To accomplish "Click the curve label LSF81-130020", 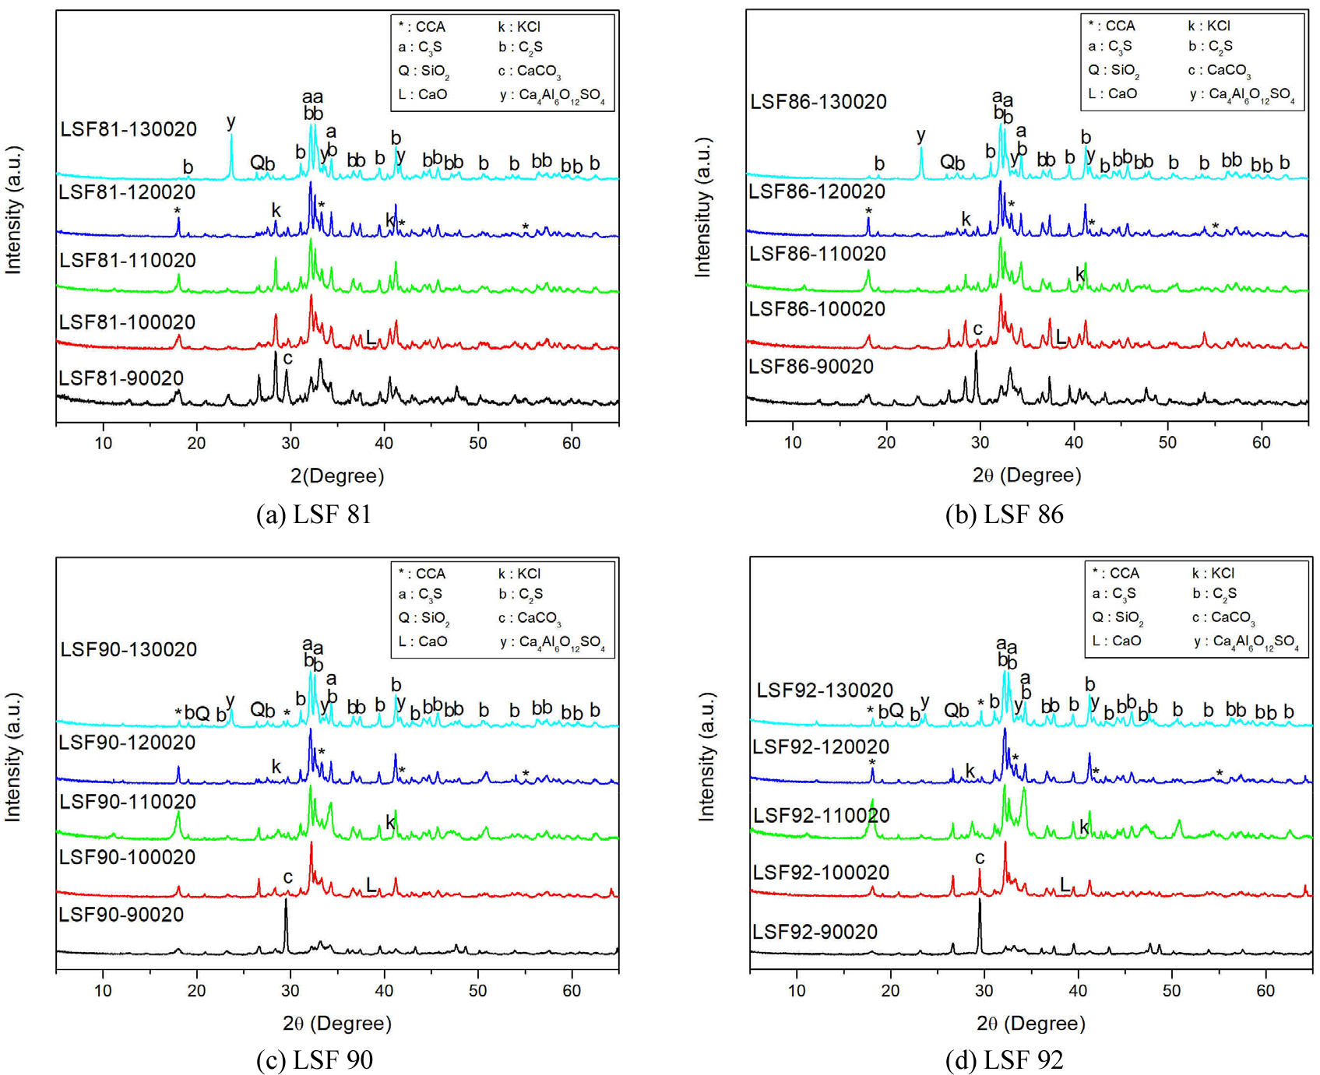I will click(128, 129).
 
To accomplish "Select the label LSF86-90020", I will click(811, 367).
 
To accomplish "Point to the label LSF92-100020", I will click(821, 873).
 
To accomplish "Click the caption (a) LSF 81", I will click(314, 515).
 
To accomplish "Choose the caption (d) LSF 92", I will click(1004, 1060).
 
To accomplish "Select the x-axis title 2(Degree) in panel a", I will click(337, 476).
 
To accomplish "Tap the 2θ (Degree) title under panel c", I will click(337, 1023).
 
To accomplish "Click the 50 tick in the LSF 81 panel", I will click(477, 444).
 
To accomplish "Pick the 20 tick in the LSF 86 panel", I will click(886, 443).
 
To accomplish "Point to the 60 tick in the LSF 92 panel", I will click(1265, 991).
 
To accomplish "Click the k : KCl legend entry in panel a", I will click(519, 26).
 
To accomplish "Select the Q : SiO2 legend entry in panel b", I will click(1114, 70).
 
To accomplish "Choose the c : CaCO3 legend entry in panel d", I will click(1222, 617).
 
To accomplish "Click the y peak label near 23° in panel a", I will click(231, 121).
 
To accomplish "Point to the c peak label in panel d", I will click(979, 858).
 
